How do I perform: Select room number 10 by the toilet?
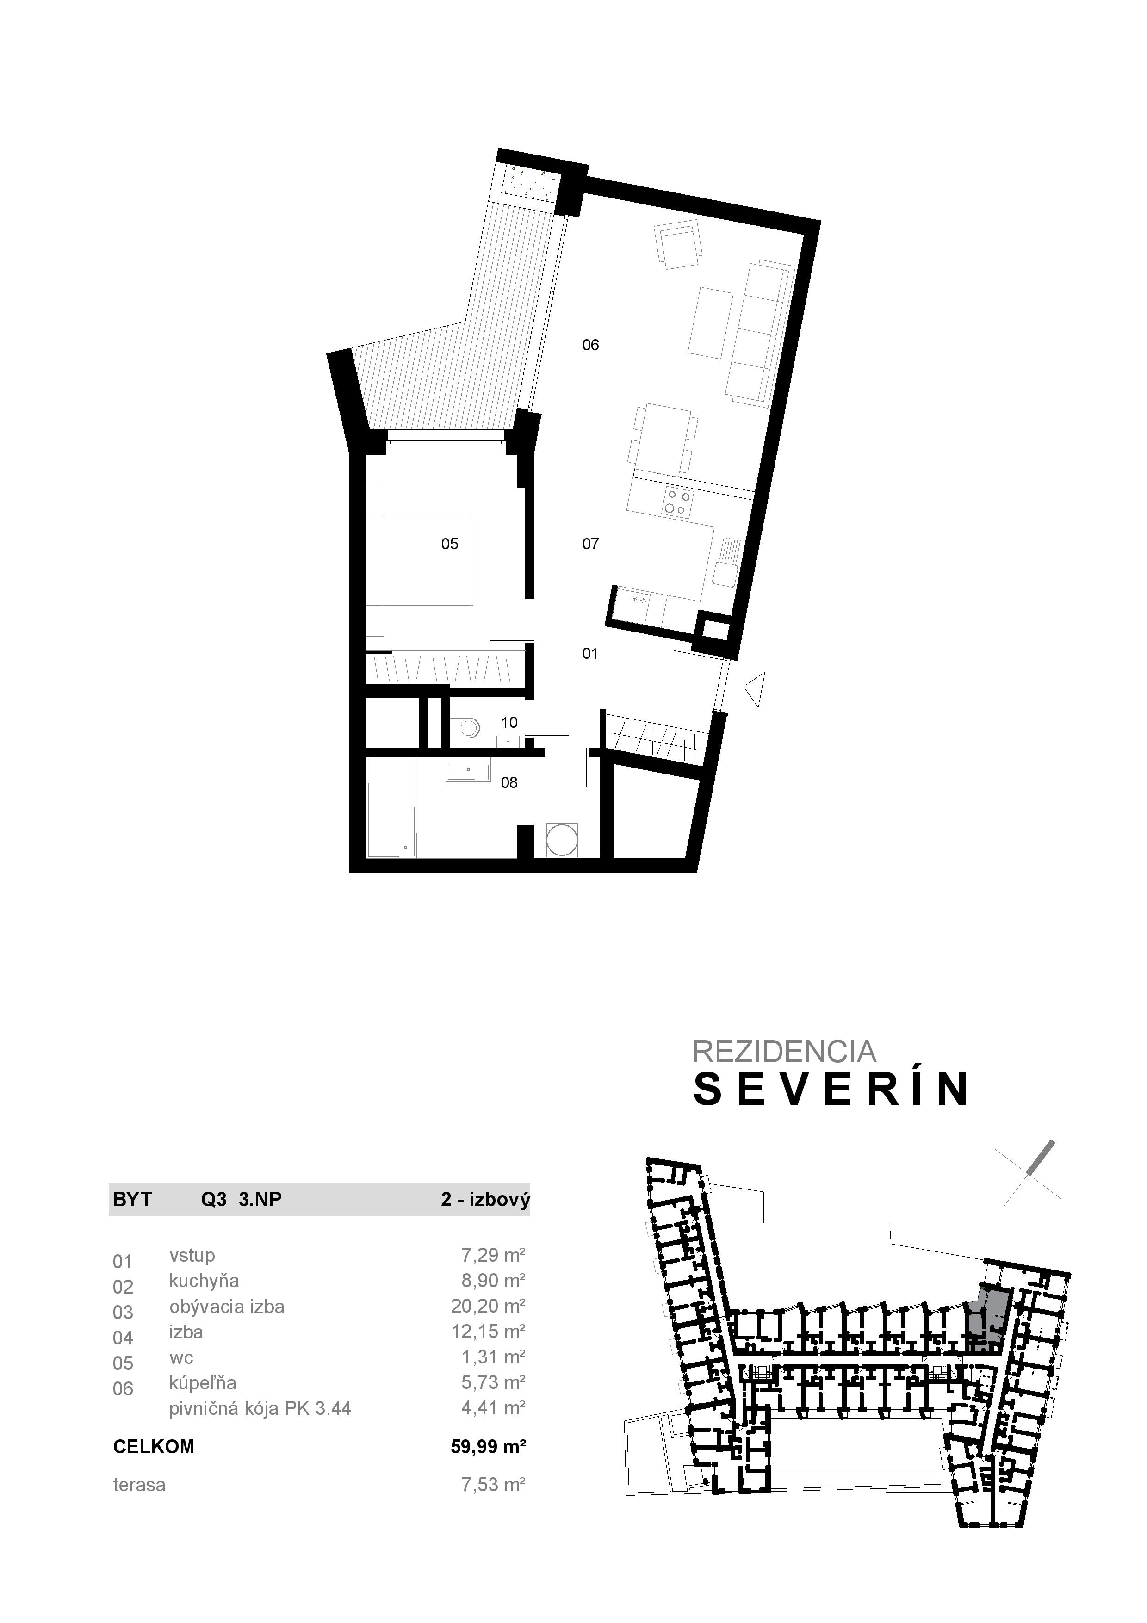509,722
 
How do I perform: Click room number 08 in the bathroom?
509,782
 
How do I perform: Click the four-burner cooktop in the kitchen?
677,502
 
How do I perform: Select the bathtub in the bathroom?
391,808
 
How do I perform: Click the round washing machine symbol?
563,840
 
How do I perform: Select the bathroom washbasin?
468,771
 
